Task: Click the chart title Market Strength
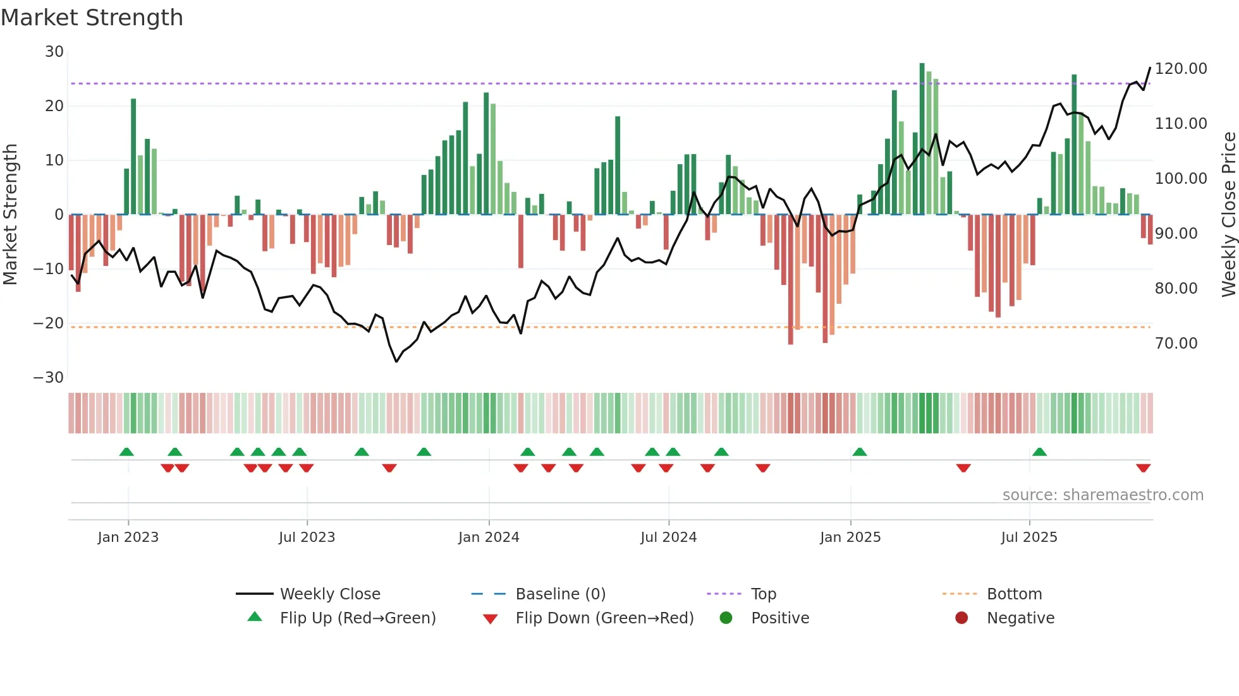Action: click(92, 18)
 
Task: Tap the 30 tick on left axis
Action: click(54, 52)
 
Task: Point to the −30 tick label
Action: click(49, 378)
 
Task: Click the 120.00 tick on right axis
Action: click(1181, 69)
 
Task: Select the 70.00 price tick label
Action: click(1176, 344)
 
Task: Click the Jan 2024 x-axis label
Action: click(489, 537)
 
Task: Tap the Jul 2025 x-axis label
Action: click(1029, 537)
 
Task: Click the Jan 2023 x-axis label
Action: click(128, 537)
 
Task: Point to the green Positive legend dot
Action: click(726, 618)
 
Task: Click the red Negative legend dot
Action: click(961, 618)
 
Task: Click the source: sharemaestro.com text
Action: click(1102, 495)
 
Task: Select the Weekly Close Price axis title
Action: click(1228, 215)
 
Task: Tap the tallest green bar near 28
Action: click(922, 139)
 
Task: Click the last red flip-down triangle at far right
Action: click(1143, 468)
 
